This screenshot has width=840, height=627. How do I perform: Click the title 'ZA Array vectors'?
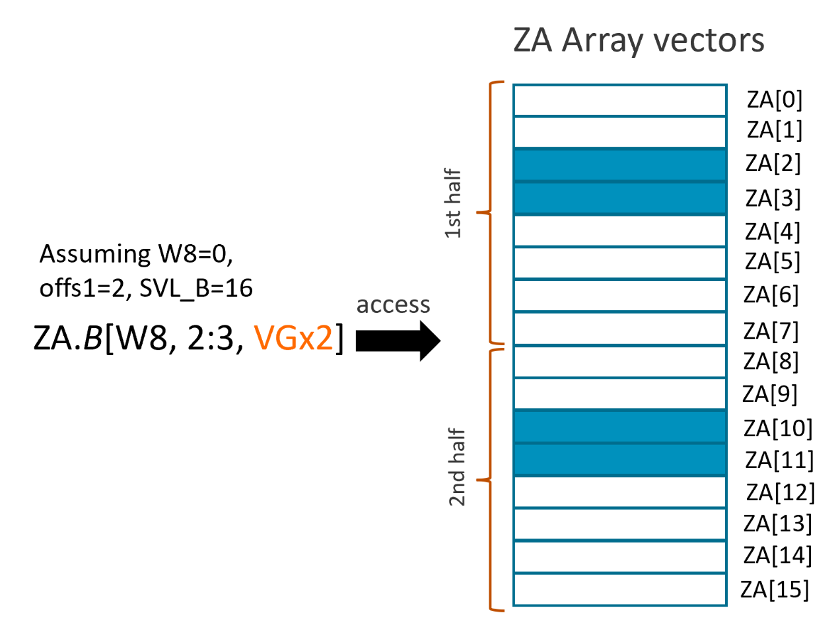639,41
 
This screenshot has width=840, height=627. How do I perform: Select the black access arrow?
398,341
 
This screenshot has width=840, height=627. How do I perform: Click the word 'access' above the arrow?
394,305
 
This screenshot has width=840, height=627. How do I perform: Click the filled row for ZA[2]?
619,166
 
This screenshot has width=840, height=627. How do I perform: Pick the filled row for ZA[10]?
619,426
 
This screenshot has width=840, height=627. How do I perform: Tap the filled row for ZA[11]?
619,459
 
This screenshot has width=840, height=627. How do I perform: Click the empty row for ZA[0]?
619,101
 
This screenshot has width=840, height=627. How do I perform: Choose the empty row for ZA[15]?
619,589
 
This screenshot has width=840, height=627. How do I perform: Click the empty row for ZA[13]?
619,524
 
